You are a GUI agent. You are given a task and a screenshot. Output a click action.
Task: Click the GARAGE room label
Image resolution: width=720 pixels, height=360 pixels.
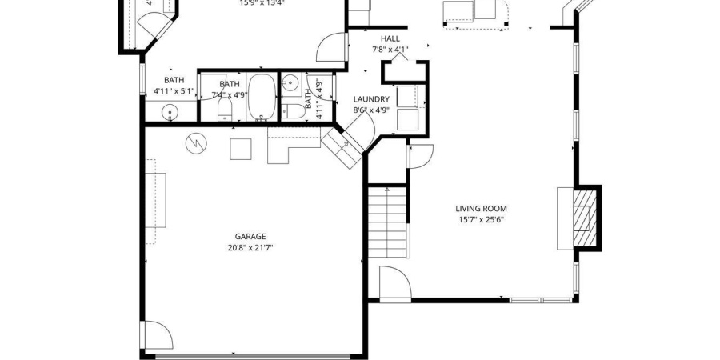coord(250,236)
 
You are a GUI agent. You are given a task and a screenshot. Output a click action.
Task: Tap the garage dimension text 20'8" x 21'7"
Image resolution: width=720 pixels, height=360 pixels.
coord(250,248)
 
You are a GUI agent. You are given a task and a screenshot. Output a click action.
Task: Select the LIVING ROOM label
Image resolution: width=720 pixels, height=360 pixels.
coord(482,209)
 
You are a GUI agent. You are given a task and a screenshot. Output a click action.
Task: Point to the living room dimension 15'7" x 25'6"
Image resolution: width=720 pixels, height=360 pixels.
coord(482,220)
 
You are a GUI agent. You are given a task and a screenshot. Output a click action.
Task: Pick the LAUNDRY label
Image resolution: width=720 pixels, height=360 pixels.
coord(371,100)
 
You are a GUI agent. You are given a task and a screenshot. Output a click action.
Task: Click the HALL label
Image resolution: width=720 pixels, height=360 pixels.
coord(390,38)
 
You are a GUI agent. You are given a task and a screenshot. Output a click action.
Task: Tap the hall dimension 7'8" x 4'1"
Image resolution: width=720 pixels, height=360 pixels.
coord(390,50)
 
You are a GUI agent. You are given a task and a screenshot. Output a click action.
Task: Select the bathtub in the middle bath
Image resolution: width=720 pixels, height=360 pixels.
coord(261,97)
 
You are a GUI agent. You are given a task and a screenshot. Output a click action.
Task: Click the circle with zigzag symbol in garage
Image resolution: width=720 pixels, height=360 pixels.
coord(195,143)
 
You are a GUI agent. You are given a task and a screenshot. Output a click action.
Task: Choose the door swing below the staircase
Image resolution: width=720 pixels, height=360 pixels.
coord(394,284)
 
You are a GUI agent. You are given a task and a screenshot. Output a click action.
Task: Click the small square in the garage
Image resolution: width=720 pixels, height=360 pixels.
coord(241,150)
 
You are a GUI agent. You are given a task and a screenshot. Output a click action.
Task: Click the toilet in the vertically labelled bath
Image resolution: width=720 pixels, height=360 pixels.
coord(294,110)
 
